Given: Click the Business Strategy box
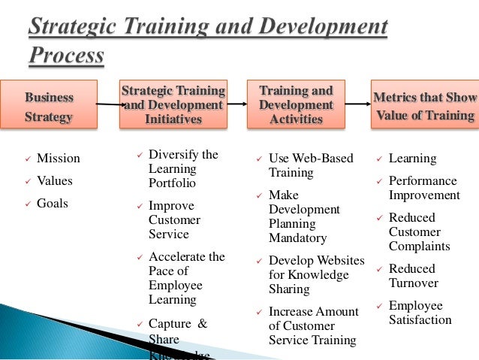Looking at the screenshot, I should pyautogui.click(x=49, y=107).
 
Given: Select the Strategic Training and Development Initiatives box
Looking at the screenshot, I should pyautogui.click(x=173, y=105).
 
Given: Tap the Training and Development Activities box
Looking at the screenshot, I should pyautogui.click(x=296, y=105).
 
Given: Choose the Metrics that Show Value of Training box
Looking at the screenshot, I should pyautogui.click(x=425, y=106).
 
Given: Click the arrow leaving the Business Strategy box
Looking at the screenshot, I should pyautogui.click(x=109, y=105).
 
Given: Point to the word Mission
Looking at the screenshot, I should pyautogui.click(x=58, y=159).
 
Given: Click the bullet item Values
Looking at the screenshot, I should pyautogui.click(x=54, y=181).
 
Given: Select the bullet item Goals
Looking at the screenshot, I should pyautogui.click(x=53, y=204).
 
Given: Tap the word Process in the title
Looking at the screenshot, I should pyautogui.click(x=67, y=56).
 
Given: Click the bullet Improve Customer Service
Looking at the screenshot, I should pyautogui.click(x=175, y=219).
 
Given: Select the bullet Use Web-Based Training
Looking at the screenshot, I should pyautogui.click(x=307, y=165).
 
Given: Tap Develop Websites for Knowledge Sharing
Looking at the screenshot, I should pyautogui.click(x=316, y=275).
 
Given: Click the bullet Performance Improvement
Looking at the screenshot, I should pyautogui.click(x=423, y=188).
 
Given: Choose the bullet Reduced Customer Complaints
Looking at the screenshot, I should pyautogui.click(x=419, y=231).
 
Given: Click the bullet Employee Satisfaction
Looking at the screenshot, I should pyautogui.click(x=420, y=313).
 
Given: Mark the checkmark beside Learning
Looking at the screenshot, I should pyautogui.click(x=379, y=159).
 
